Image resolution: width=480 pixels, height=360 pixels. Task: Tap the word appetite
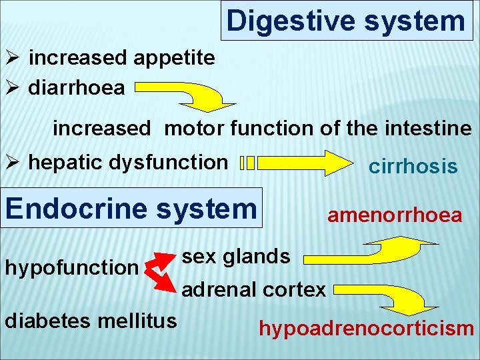(x=174, y=58)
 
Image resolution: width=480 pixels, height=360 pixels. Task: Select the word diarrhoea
(x=77, y=88)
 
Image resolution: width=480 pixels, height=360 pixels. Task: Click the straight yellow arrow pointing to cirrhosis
(x=303, y=163)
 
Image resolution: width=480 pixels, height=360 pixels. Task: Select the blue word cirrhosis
(x=413, y=167)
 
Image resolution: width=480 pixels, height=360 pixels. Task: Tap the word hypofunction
(x=71, y=267)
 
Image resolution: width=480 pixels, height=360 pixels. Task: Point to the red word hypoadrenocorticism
(x=366, y=329)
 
